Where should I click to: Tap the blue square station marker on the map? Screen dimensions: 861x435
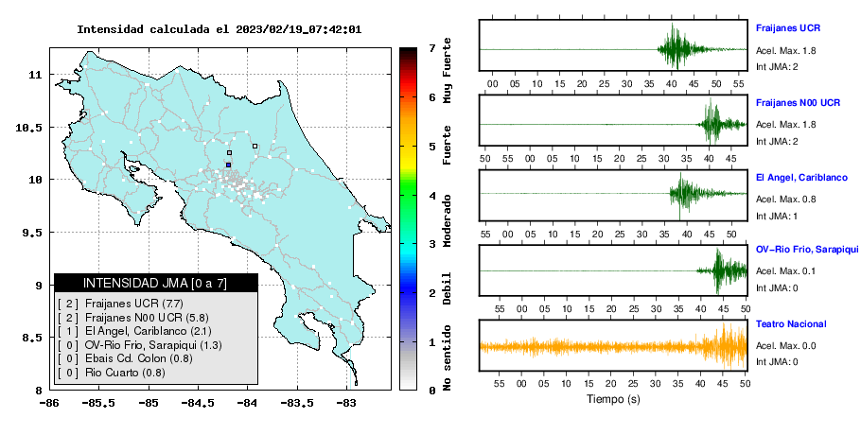click(x=228, y=165)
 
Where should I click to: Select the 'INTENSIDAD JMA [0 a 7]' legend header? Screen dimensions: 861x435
click(x=155, y=283)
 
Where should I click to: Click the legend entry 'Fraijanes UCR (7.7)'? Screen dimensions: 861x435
click(x=134, y=304)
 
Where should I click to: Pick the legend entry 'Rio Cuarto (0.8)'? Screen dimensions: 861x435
click(x=125, y=373)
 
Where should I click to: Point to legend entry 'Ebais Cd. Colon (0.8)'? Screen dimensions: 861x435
click(x=139, y=358)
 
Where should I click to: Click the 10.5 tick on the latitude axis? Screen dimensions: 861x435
click(x=29, y=128)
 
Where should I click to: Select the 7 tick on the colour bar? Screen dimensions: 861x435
click(x=432, y=48)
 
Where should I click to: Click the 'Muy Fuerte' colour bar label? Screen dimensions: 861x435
click(x=447, y=70)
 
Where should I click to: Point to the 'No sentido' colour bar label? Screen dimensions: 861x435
click(x=447, y=357)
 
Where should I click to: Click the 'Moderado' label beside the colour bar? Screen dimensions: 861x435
click(x=447, y=220)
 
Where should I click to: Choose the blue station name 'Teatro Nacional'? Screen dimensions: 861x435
click(x=791, y=324)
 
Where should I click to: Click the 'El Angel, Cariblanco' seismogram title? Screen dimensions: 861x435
click(x=801, y=178)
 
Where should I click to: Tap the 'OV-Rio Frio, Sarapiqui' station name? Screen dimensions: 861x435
click(x=807, y=250)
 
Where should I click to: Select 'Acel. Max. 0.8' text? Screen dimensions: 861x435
click(x=785, y=200)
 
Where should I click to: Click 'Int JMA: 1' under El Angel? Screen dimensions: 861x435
click(x=777, y=217)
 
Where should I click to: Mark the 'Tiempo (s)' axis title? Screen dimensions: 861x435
click(x=613, y=399)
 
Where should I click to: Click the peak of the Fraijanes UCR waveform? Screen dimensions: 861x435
click(x=672, y=24)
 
